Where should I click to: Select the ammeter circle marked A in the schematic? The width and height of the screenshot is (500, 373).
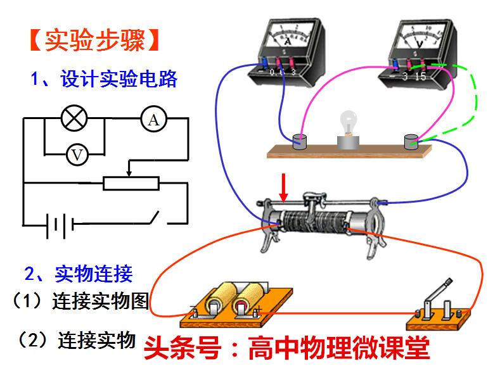153,118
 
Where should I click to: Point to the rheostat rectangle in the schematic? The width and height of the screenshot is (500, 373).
130,183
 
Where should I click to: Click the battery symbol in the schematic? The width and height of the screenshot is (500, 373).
60,224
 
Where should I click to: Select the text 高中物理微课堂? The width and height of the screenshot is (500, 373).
339,347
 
